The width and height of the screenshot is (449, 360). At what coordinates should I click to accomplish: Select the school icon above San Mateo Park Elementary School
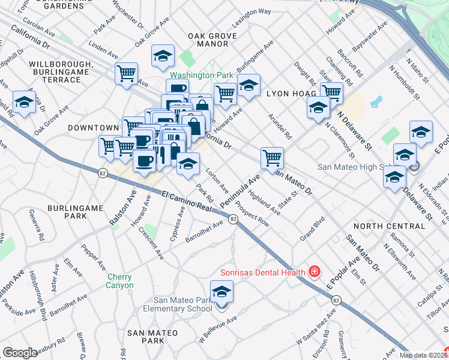coord(222,292)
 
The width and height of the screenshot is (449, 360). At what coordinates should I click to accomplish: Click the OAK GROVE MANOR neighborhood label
coord(208,40)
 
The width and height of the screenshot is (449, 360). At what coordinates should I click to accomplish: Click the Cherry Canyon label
coord(120,281)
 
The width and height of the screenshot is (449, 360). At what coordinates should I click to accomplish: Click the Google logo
coord(20,353)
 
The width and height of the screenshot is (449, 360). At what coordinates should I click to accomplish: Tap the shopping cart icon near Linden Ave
coord(127,74)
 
